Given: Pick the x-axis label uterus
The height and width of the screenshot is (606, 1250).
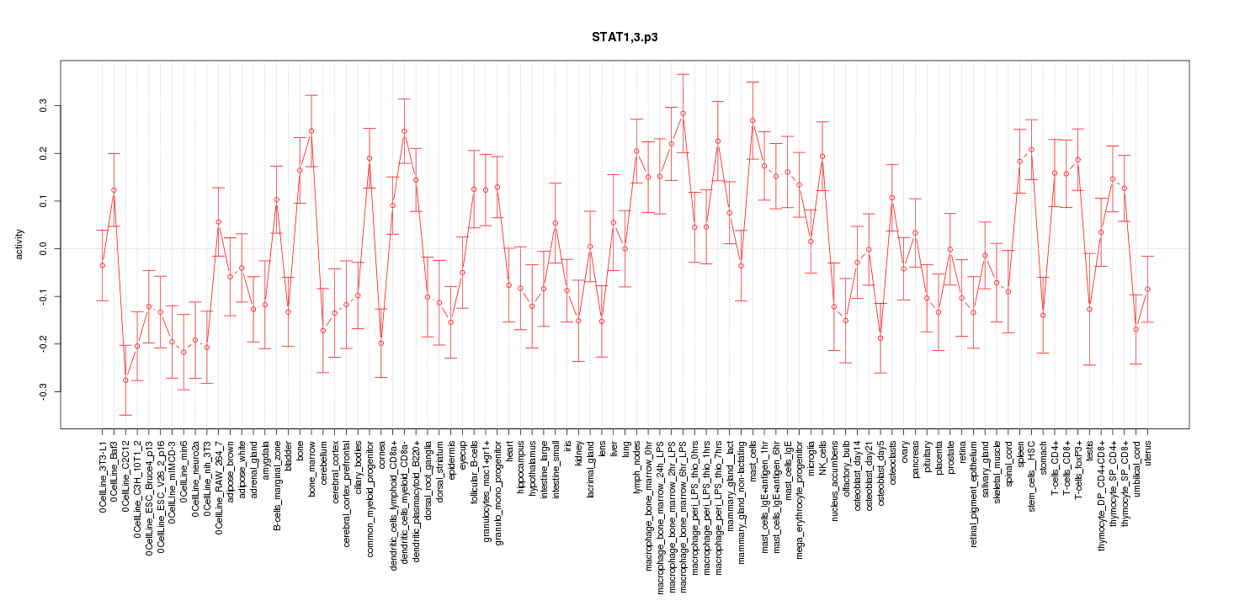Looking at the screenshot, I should (x=1146, y=454).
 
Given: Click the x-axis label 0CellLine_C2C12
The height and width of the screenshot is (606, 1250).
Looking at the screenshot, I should (x=125, y=476).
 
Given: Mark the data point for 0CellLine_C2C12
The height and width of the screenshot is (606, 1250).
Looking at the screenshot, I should (x=125, y=380).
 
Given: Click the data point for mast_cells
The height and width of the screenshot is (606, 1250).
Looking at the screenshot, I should (x=753, y=120).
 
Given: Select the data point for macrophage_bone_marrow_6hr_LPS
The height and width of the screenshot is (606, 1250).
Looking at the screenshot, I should (x=683, y=114).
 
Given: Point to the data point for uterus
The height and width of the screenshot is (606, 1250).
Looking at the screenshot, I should (x=1146, y=289).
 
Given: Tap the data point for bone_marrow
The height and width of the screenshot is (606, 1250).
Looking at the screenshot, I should (x=311, y=130).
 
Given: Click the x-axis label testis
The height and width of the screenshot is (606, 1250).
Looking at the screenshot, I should (x=1089, y=452).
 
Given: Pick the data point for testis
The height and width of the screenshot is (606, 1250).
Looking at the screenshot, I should (x=1089, y=309).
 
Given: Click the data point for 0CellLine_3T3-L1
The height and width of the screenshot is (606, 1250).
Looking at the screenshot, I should (x=102, y=265).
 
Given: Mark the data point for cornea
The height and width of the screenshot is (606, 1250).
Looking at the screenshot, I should (x=381, y=343).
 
